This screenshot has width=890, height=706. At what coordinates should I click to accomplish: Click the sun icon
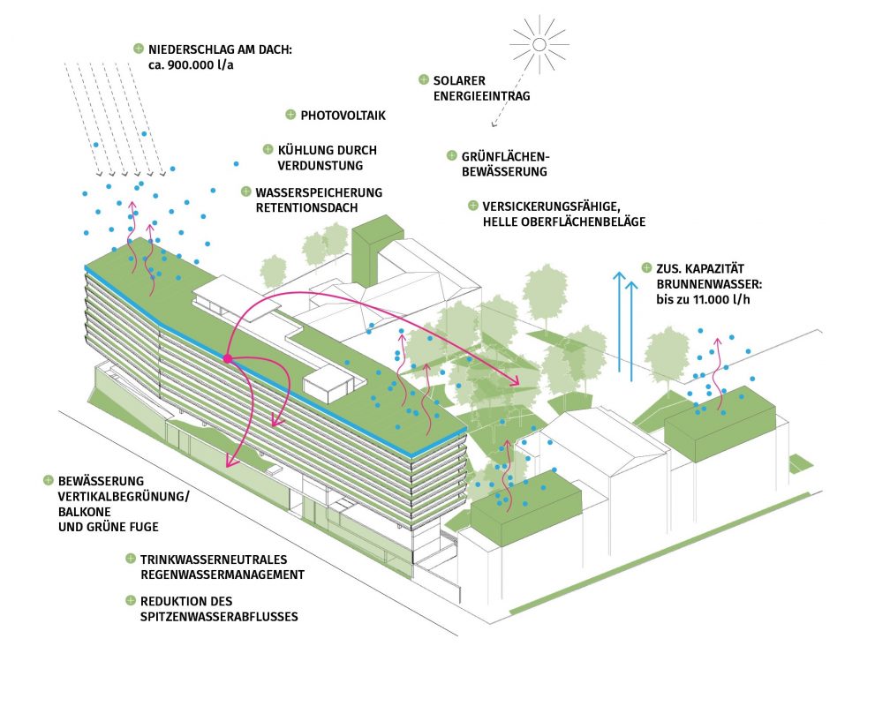pyautogui.click(x=539, y=44)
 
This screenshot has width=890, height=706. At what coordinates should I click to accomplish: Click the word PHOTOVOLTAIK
pyautogui.click(x=343, y=116)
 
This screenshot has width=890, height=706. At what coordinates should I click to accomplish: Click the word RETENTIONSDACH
pyautogui.click(x=306, y=207)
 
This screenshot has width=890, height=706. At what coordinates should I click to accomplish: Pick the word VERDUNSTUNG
pyautogui.click(x=321, y=166)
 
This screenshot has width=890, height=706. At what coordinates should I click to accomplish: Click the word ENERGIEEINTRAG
pyautogui.click(x=481, y=96)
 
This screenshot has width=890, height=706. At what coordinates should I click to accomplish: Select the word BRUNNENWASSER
pyautogui.click(x=709, y=284)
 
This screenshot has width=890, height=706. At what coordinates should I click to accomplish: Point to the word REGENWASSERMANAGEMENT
pyautogui.click(x=222, y=575)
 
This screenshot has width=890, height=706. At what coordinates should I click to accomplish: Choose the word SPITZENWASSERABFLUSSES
pyautogui.click(x=219, y=616)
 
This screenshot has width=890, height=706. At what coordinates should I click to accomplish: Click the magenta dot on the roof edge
pyautogui.click(x=228, y=358)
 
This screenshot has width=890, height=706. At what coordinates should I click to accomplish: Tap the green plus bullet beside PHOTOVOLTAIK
pyautogui.click(x=290, y=115)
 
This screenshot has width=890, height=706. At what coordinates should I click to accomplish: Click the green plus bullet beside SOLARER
pyautogui.click(x=424, y=79)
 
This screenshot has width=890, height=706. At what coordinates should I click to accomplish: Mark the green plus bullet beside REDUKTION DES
pyautogui.click(x=131, y=600)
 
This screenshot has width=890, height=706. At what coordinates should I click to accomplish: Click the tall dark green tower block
pyautogui.click(x=378, y=251)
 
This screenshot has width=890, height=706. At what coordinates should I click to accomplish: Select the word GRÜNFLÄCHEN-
pyautogui.click(x=506, y=156)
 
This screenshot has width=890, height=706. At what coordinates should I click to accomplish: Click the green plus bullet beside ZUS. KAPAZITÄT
pyautogui.click(x=646, y=267)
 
